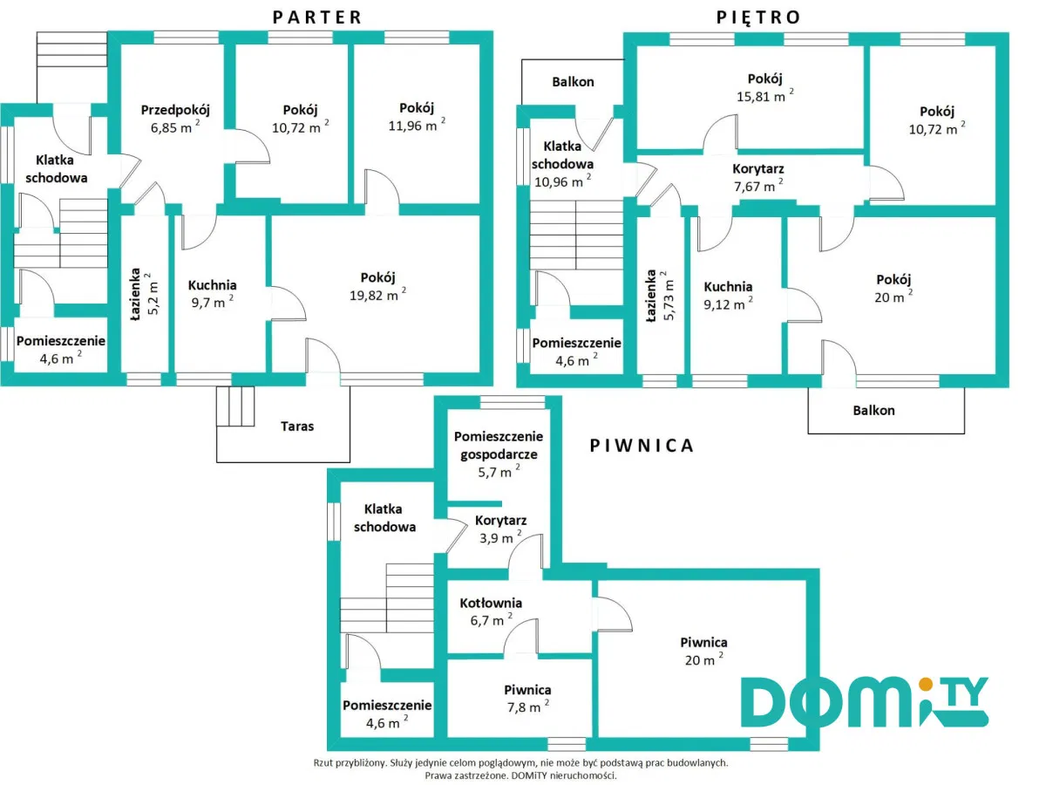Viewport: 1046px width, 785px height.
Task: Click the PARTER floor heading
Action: pos(316,16)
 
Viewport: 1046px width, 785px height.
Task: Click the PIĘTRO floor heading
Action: pos(758,16)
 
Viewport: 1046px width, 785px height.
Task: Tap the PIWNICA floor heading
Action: pos(642,446)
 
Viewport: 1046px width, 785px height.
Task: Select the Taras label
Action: pos(297,427)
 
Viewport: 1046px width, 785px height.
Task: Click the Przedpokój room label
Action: pos(175,110)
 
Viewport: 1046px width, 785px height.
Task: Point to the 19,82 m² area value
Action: pos(377,296)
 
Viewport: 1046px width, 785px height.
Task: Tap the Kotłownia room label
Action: pos(492,603)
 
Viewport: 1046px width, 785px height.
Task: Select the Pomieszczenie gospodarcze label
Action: pos(499,445)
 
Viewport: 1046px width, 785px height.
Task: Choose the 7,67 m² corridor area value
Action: pos(757,183)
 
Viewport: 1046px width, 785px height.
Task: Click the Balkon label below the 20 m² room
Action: pos(873,410)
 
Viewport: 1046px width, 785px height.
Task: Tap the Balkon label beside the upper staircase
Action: pos(573,82)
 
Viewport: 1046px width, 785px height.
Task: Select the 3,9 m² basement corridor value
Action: pos(500,538)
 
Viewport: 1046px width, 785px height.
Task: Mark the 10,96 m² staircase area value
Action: pos(562,181)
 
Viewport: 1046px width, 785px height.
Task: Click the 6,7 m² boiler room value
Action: pos(490,621)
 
